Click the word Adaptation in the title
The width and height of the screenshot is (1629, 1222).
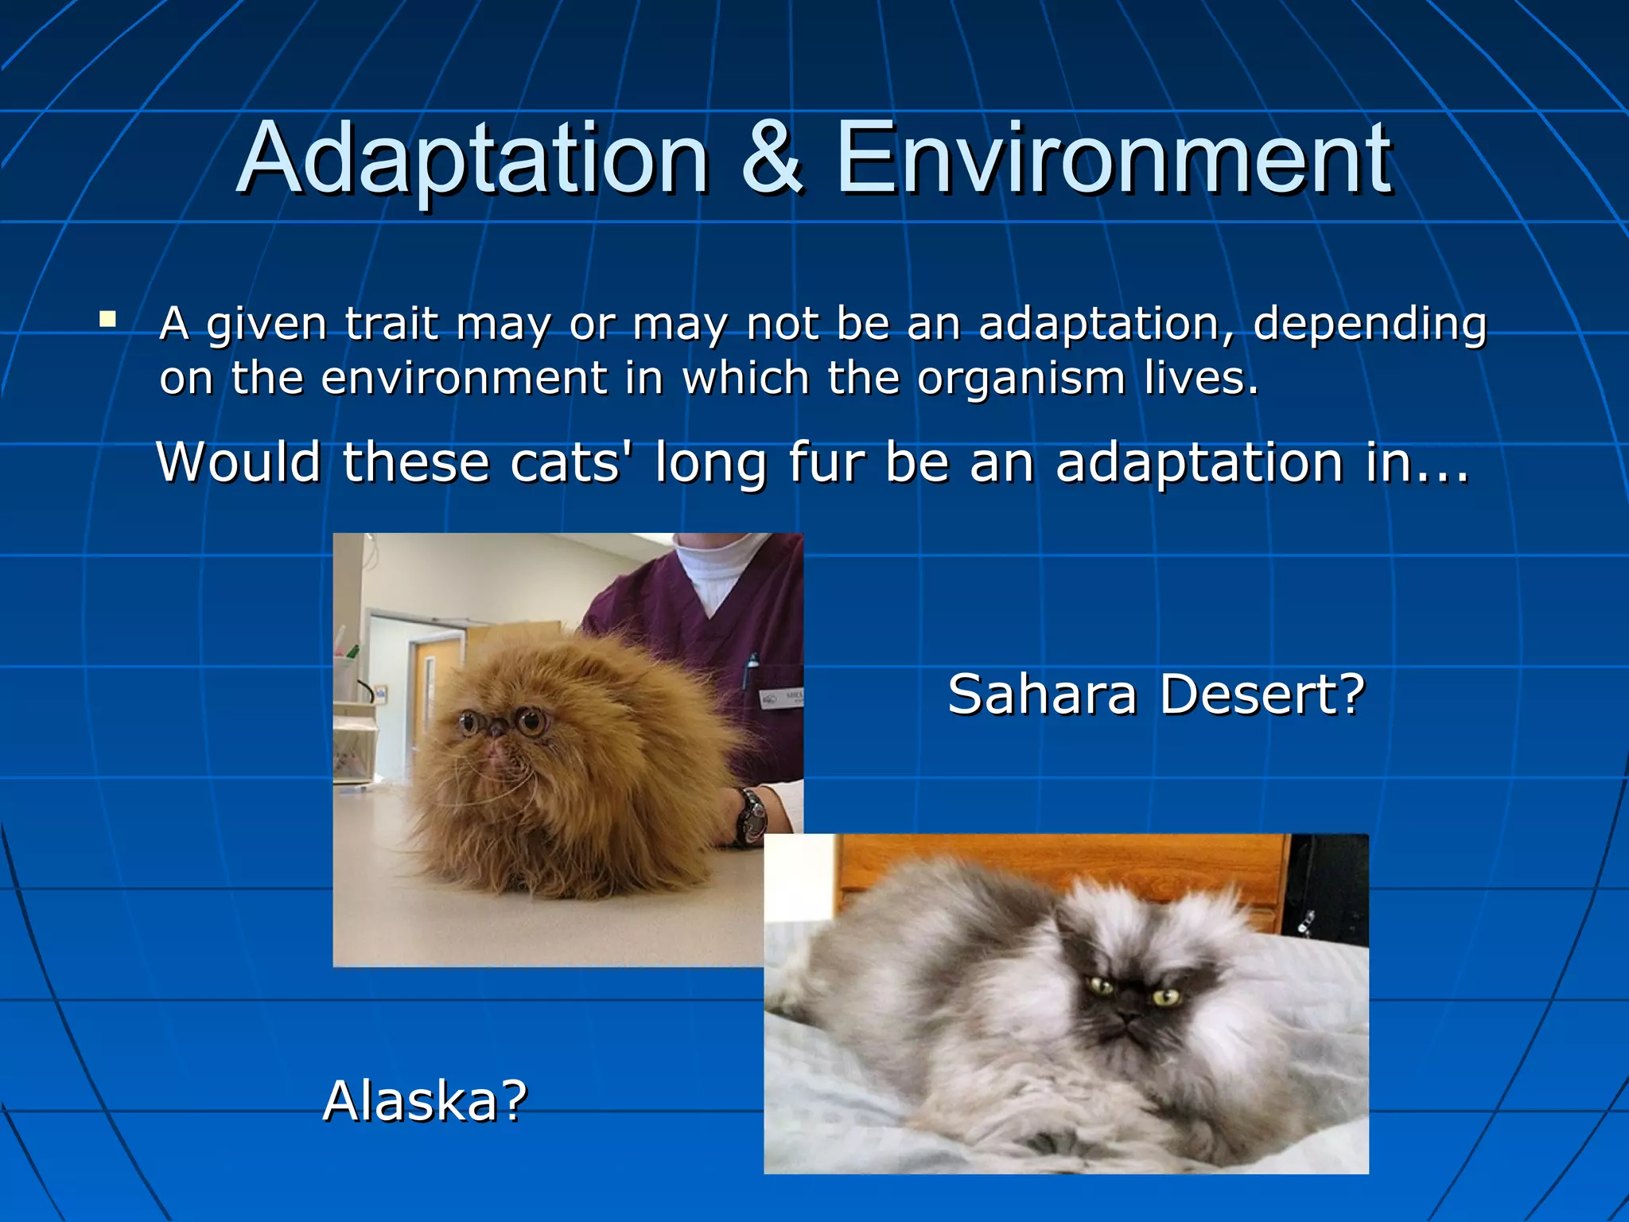click(472, 159)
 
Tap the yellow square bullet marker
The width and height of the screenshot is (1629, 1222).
click(107, 321)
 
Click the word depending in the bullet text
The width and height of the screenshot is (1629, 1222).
click(1369, 325)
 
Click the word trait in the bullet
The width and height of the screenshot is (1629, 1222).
click(391, 324)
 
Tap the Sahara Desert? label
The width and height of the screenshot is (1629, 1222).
click(1156, 694)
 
